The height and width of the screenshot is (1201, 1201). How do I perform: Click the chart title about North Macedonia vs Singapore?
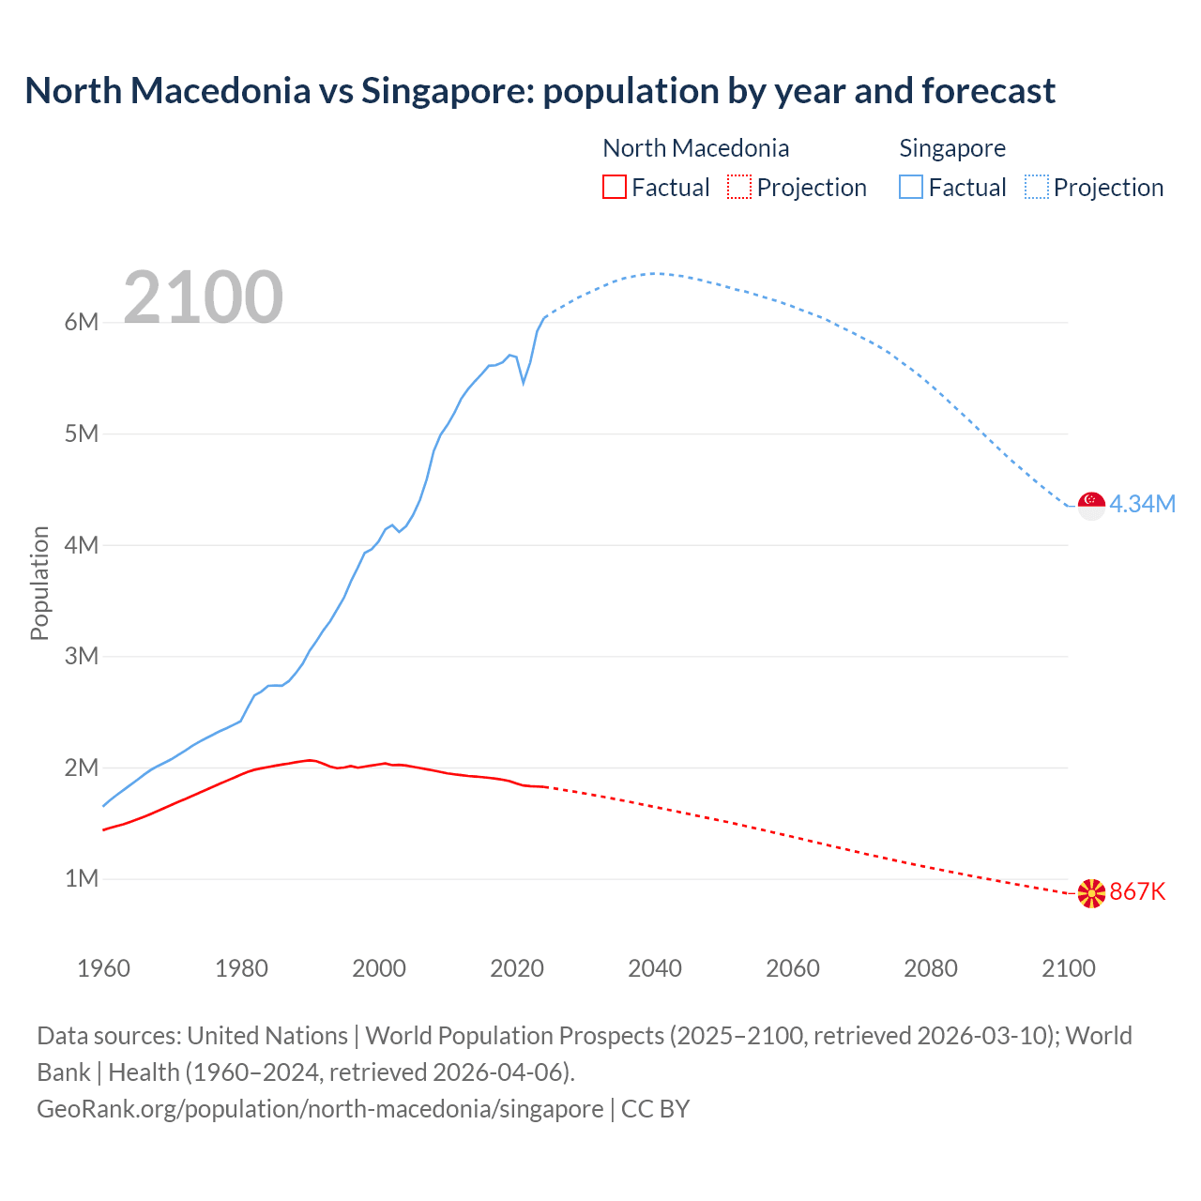click(x=540, y=91)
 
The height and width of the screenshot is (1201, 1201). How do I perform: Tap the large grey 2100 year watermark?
click(x=203, y=296)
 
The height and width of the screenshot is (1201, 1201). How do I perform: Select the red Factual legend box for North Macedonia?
click(x=614, y=187)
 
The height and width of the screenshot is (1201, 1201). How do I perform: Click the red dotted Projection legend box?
click(x=739, y=187)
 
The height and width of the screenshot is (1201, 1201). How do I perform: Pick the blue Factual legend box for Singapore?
click(x=911, y=187)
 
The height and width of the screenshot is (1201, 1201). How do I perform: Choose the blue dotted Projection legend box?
click(x=1037, y=187)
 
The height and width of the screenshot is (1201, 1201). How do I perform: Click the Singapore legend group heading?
click(x=951, y=148)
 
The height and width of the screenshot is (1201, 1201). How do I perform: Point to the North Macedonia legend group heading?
click(x=695, y=148)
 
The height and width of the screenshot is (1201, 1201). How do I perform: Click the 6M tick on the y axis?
click(x=82, y=323)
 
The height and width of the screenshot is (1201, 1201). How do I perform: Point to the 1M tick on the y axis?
click(x=82, y=879)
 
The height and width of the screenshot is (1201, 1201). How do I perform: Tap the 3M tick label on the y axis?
click(x=82, y=657)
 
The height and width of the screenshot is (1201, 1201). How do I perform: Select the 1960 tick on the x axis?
click(x=103, y=968)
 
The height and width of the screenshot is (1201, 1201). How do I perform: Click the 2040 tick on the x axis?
click(x=655, y=968)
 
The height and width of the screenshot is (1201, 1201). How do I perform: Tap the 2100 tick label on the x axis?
click(x=1068, y=968)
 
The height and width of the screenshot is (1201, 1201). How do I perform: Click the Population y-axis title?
click(x=39, y=583)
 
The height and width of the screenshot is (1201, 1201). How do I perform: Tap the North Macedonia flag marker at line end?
click(x=1091, y=893)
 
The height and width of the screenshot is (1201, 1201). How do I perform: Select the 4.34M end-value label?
click(x=1142, y=505)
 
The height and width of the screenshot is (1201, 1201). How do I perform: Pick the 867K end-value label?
click(x=1137, y=892)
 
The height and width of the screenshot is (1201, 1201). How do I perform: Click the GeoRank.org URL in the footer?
click(x=320, y=1109)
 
